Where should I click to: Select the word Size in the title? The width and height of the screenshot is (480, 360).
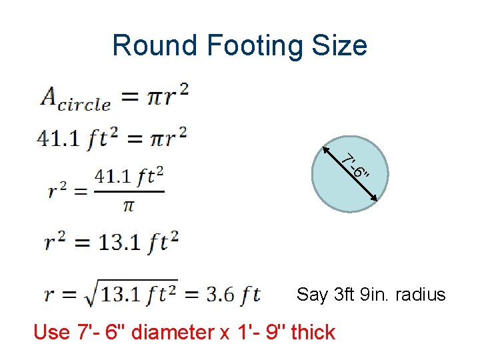(343, 45)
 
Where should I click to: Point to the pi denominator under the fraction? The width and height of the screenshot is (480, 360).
(129, 205)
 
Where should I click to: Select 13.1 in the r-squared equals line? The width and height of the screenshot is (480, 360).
(119, 242)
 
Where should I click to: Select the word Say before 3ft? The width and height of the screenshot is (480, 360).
(312, 295)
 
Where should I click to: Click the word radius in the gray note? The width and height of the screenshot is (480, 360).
(420, 295)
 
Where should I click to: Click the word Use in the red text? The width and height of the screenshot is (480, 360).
(52, 332)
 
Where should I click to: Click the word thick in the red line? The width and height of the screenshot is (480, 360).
(313, 332)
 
